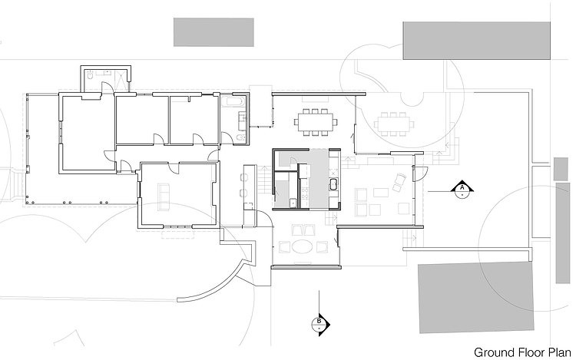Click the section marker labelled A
point(462,189)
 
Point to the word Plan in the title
point(560,352)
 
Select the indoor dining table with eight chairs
point(316,121)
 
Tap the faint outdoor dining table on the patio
point(394,124)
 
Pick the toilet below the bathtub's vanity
point(240,137)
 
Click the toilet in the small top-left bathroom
point(91,75)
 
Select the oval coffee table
point(303,246)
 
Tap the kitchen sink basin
point(334,184)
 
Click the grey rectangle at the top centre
point(214,32)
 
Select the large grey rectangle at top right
point(476,41)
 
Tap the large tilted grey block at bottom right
point(476,297)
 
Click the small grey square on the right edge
point(561,169)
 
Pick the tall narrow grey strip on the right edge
point(563,233)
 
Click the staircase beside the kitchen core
point(264,180)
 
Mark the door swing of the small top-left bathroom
point(107,88)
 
